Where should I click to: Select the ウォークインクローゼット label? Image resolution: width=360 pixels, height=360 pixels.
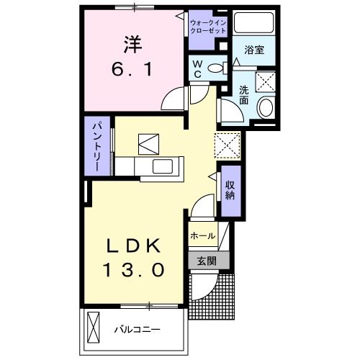(208, 28)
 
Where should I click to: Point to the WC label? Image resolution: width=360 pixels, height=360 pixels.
(197, 68)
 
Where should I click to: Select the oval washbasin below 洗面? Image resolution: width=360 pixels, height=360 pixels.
(265, 107)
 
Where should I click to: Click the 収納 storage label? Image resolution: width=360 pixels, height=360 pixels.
(231, 191)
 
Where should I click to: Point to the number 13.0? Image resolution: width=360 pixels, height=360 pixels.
(137, 270)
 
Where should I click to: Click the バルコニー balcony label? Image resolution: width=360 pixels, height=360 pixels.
(137, 330)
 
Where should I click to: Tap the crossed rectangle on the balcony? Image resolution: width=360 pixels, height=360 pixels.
(92, 328)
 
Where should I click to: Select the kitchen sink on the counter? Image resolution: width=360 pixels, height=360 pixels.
(163, 167)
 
